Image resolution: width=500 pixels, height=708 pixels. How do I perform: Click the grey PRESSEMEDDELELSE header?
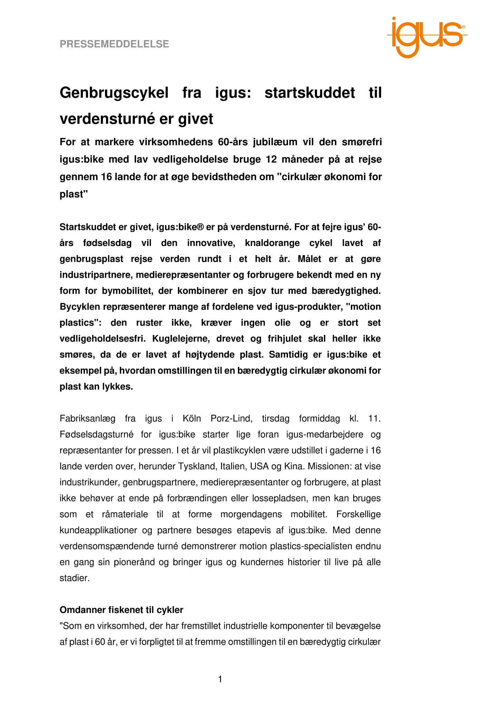tap(114, 44)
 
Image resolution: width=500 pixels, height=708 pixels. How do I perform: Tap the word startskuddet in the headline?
tap(310, 93)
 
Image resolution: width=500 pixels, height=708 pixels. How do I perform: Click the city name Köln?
tap(192, 419)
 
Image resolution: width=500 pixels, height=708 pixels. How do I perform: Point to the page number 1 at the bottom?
tap(220, 680)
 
